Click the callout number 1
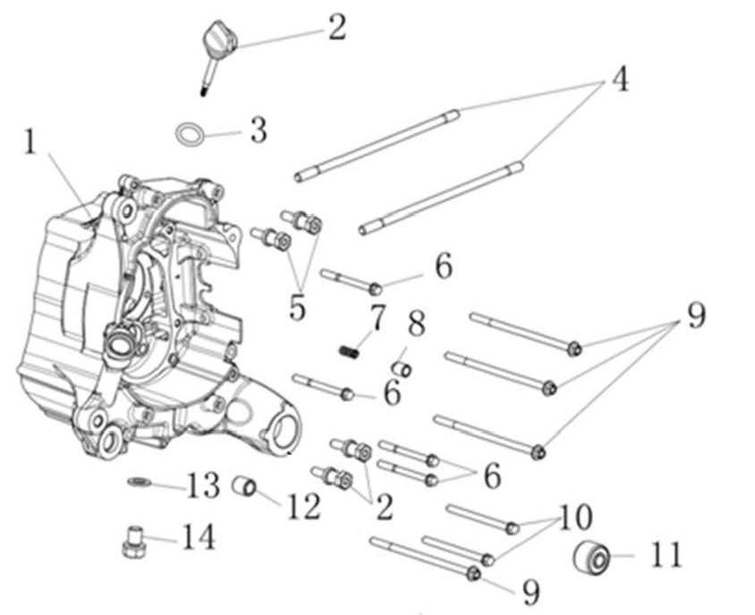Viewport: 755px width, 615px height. pyautogui.click(x=30, y=142)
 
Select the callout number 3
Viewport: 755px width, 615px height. pyautogui.click(x=259, y=130)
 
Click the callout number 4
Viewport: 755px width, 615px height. pyautogui.click(x=620, y=79)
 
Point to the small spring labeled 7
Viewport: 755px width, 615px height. pyautogui.click(x=349, y=353)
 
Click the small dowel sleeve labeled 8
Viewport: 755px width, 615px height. pyautogui.click(x=402, y=370)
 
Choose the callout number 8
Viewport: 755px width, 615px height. pyautogui.click(x=417, y=323)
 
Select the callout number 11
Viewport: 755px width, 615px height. pyautogui.click(x=666, y=554)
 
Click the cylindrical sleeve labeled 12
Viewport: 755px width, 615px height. pyautogui.click(x=244, y=486)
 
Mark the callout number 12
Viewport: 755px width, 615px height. pyautogui.click(x=304, y=507)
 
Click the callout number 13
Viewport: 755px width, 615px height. pyautogui.click(x=203, y=486)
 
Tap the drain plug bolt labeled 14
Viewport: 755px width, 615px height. pyautogui.click(x=133, y=542)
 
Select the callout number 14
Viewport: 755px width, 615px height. pyautogui.click(x=198, y=537)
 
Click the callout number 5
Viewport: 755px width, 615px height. pyautogui.click(x=298, y=307)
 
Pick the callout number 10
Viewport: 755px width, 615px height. pyautogui.click(x=576, y=517)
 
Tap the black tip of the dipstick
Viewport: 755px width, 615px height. pyautogui.click(x=204, y=90)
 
